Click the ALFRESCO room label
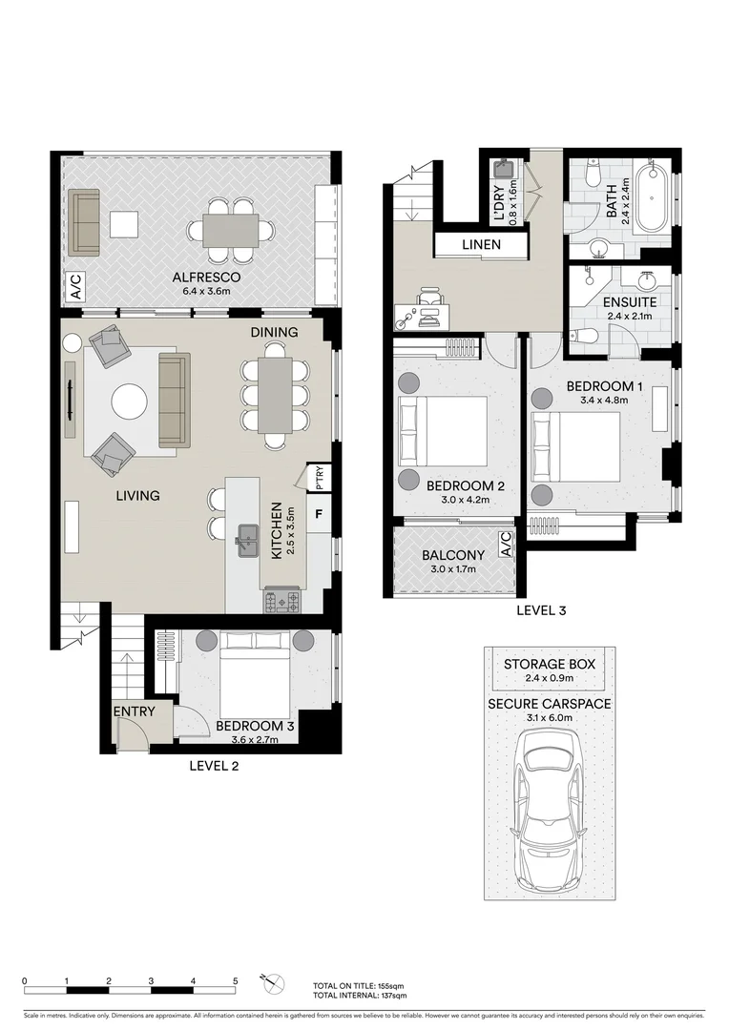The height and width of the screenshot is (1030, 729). coord(201,278)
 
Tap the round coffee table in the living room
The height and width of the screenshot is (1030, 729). coord(130,402)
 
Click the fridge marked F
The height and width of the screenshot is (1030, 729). coord(319,515)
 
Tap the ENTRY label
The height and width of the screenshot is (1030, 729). coord(135,711)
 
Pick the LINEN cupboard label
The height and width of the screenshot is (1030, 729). coord(481,245)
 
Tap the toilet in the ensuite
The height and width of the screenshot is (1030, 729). coord(585,335)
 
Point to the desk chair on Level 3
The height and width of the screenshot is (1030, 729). coord(429,304)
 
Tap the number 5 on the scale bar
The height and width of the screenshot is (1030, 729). coord(235,981)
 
